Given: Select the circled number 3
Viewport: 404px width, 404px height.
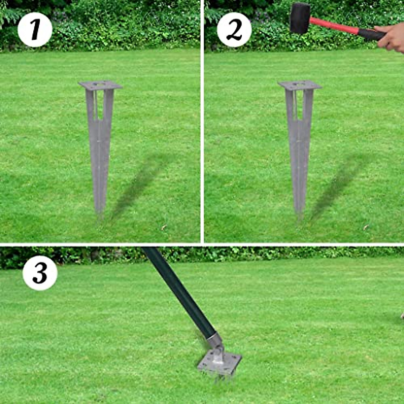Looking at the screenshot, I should [40, 273].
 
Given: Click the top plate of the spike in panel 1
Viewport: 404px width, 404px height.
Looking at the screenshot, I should [100, 85].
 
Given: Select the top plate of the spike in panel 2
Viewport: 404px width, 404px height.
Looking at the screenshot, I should [300, 85].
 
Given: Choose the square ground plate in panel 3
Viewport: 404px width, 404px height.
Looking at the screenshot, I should [219, 364].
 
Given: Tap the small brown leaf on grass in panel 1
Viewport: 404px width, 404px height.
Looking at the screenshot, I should [164, 227].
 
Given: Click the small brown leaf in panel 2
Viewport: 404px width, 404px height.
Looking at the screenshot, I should [366, 227].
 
